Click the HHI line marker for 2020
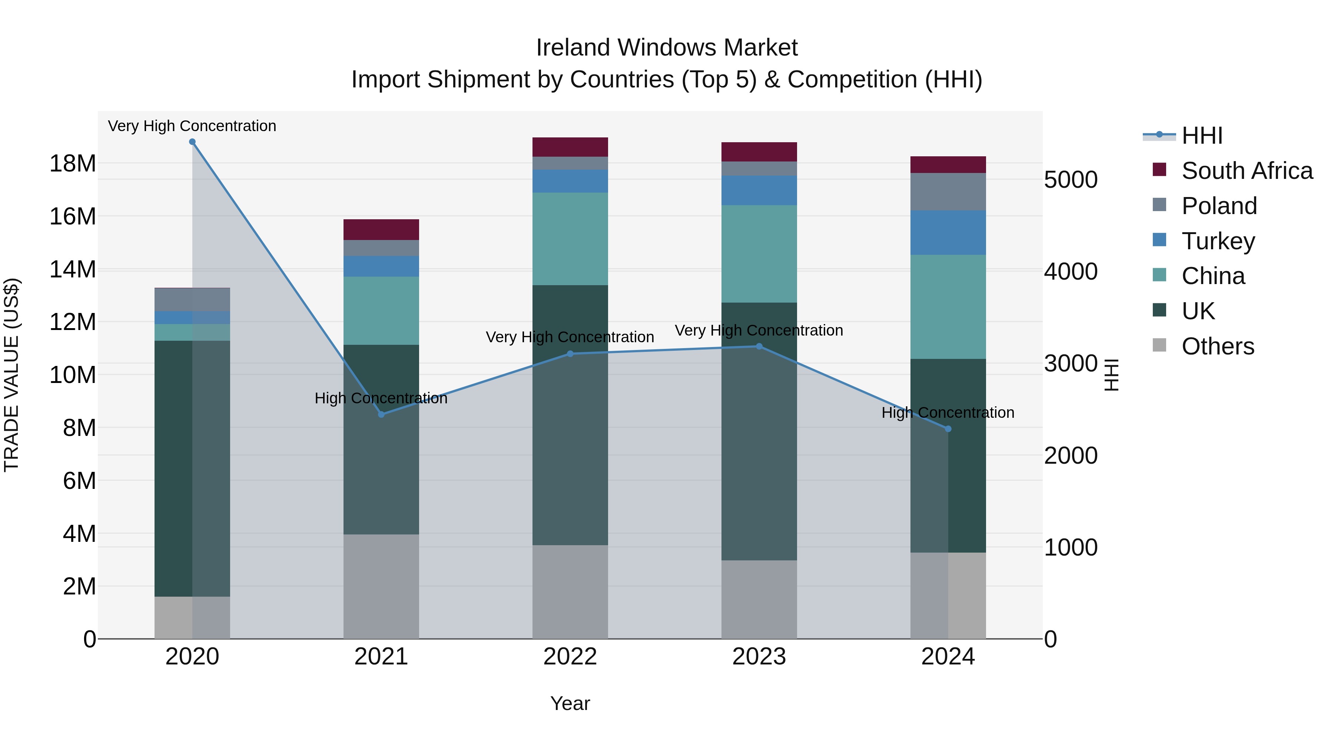192,142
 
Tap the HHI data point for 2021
381,414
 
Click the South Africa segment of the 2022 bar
570,147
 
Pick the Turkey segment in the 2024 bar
948,232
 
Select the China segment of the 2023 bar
759,254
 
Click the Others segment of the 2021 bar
381,586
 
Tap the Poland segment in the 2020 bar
192,299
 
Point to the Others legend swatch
1159,345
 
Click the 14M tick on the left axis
73,269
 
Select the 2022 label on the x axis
570,657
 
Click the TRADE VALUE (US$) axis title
11,375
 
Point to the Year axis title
570,703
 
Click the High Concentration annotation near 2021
381,398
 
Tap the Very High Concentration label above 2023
759,330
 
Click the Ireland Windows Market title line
667,48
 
